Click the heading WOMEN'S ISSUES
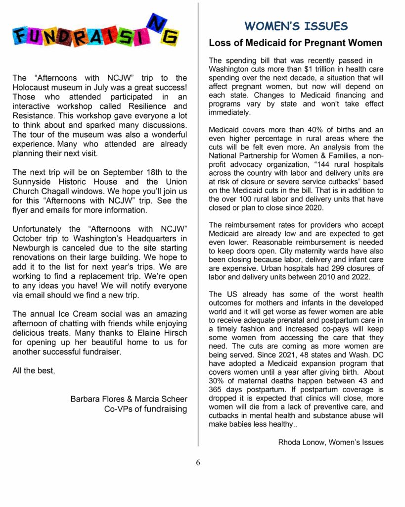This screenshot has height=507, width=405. pyautogui.click(x=296, y=26)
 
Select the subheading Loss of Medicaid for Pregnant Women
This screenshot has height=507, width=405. pyautogui.click(x=295, y=43)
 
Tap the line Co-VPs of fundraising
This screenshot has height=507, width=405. pyautogui.click(x=145, y=408)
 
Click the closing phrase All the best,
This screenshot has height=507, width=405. pyautogui.click(x=34, y=370)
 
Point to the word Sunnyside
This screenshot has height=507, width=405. pyautogui.click(x=32, y=182)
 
